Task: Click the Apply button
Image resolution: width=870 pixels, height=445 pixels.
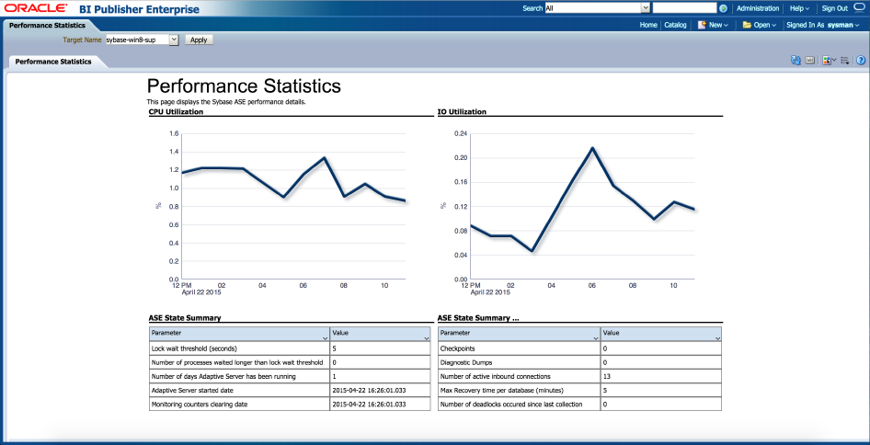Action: click(198, 40)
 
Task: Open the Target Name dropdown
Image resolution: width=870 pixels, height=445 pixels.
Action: click(173, 40)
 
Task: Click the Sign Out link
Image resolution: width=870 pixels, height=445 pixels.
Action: click(834, 8)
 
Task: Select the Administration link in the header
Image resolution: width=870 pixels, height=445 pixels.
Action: click(758, 8)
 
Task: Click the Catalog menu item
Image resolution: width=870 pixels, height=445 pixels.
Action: click(675, 25)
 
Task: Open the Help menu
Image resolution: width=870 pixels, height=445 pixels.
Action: click(801, 8)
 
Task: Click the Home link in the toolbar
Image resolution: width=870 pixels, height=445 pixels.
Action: click(648, 25)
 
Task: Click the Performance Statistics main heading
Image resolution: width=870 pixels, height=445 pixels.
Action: click(244, 86)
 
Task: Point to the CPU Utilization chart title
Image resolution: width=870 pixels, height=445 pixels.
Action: click(176, 111)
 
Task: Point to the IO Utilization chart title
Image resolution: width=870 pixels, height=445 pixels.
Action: click(462, 111)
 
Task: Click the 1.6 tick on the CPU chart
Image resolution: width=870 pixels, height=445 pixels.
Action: click(173, 133)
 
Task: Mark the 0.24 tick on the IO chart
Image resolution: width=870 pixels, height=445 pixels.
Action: click(462, 133)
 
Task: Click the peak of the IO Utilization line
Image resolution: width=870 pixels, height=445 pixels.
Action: click(592, 148)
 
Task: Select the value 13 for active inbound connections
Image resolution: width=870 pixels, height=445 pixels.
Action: click(606, 376)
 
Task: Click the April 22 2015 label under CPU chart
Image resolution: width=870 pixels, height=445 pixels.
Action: click(201, 292)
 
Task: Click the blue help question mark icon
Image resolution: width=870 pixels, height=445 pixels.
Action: click(861, 61)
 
